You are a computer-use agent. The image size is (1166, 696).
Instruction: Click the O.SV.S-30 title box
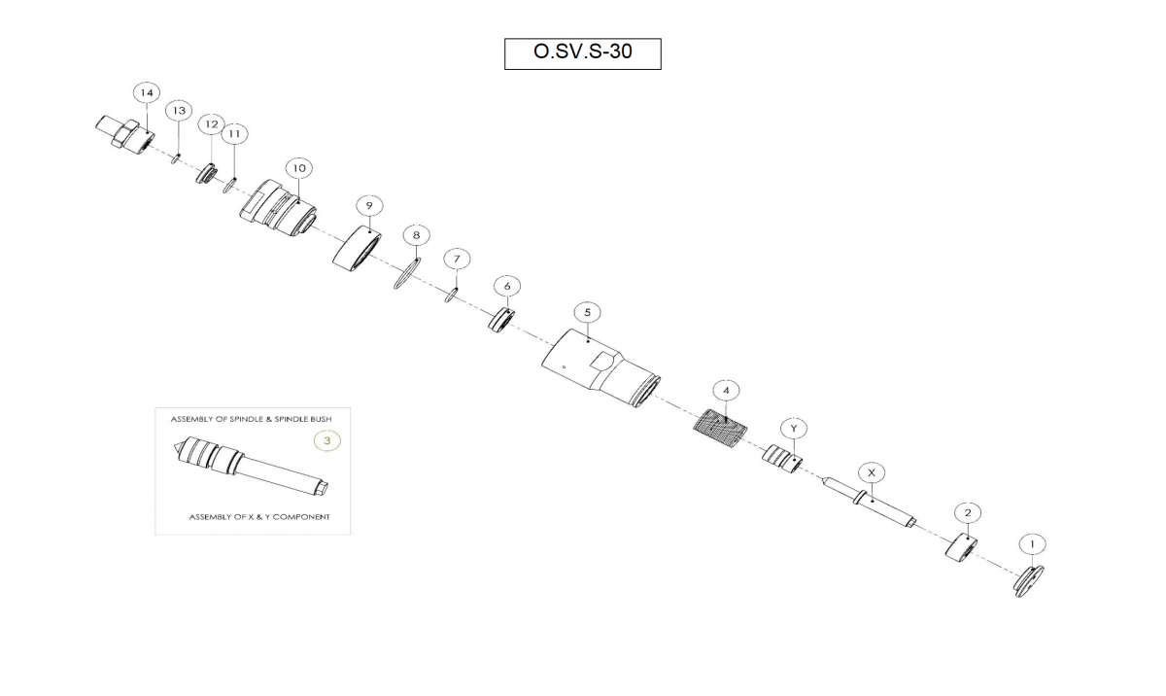pos(582,53)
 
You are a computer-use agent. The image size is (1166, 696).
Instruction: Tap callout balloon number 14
pos(147,93)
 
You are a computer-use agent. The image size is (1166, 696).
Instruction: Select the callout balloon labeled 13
pos(179,111)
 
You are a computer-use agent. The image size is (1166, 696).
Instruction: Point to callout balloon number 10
pos(299,168)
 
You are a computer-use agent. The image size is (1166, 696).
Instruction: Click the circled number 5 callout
pos(588,312)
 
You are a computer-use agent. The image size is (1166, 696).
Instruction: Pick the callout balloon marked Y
pos(794,429)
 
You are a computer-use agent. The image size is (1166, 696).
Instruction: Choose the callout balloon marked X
pos(872,472)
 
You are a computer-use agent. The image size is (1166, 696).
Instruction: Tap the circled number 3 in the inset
pos(326,441)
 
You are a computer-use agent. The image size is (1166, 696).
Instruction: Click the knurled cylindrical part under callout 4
pos(720,430)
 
